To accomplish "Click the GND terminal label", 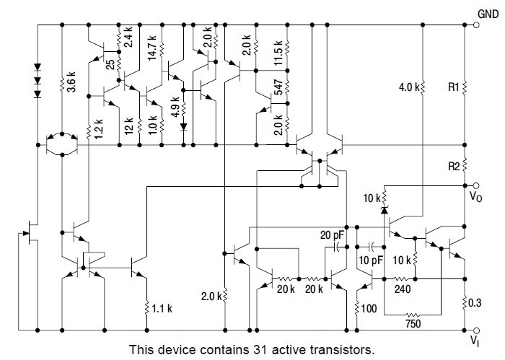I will pos(488,13).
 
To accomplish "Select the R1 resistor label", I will pos(454,87).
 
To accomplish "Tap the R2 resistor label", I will pos(454,165).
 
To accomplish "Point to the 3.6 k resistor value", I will pos(70,79).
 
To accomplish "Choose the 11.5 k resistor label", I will pos(276,54).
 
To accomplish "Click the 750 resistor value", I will pos(412,325).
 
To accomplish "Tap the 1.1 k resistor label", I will pos(163,308).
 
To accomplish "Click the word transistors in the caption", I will pos(341,349).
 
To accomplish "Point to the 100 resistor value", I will pos(369,308).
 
